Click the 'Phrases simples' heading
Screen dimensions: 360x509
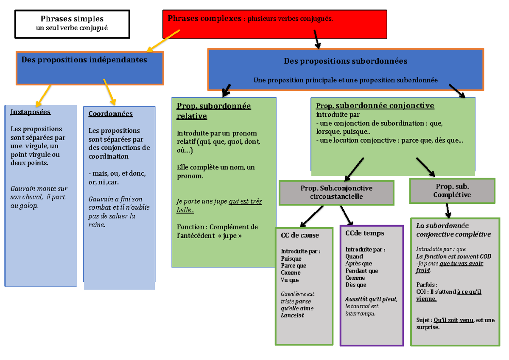(72, 19)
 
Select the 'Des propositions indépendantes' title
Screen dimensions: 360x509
(84, 60)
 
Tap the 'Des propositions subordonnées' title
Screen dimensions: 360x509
(345, 61)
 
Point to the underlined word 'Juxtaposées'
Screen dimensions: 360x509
(30, 112)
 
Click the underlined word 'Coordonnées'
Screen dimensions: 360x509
(110, 114)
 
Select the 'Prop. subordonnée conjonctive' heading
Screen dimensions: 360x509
(375, 106)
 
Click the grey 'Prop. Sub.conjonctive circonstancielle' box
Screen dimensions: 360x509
(336, 192)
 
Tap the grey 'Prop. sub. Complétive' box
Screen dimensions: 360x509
(452, 191)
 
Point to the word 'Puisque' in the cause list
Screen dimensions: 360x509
(291, 259)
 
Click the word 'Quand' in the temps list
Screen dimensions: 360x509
(354, 256)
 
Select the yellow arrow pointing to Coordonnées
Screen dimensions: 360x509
(109, 92)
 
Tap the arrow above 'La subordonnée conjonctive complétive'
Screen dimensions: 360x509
(448, 211)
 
